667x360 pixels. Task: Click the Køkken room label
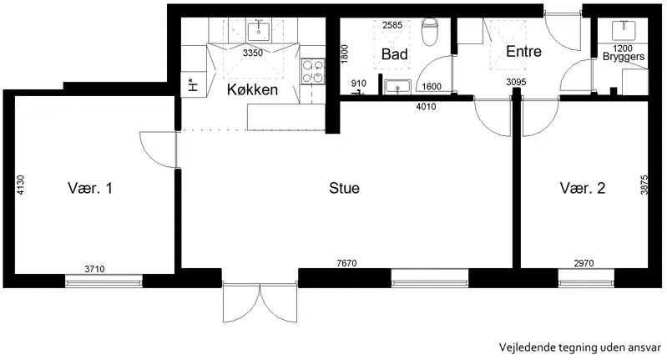[252, 89]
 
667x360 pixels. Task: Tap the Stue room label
[344, 188]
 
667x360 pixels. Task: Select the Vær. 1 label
[90, 188]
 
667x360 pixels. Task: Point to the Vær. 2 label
[583, 188]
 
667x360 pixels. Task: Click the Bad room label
[394, 54]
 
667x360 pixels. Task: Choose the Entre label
[523, 52]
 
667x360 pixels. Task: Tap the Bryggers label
[624, 57]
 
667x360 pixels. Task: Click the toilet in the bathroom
[430, 32]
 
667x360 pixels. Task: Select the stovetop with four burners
[313, 72]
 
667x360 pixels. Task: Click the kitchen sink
[259, 30]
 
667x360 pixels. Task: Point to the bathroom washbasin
[397, 87]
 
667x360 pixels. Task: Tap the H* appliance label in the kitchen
[194, 85]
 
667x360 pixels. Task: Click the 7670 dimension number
[346, 263]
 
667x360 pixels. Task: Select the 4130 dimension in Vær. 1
[20, 185]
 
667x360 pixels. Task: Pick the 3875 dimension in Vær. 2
[644, 185]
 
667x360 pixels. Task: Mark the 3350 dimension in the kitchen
[253, 53]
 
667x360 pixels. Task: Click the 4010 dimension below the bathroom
[426, 106]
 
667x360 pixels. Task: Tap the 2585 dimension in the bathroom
[392, 25]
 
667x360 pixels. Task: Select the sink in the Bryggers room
[624, 31]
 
